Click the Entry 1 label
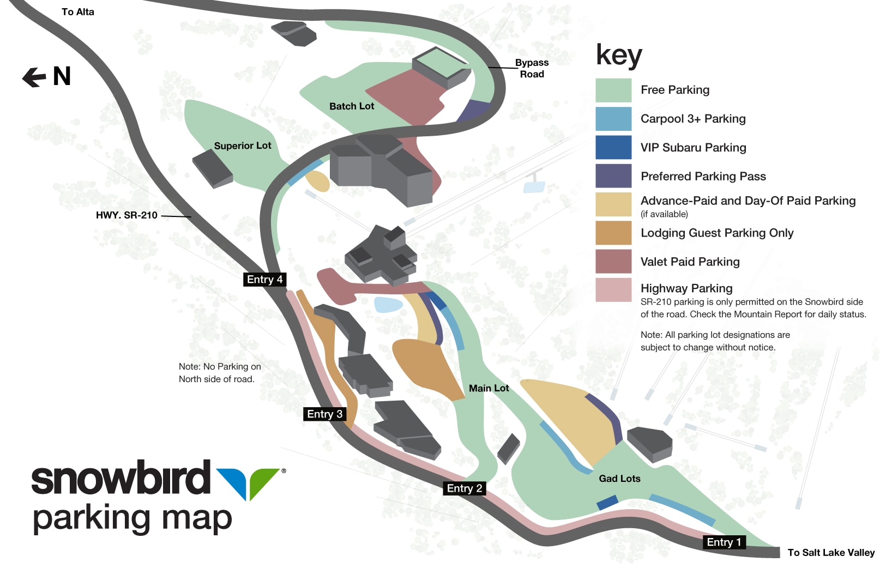724,542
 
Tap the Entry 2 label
464,488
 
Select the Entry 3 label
324,414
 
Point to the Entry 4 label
264,280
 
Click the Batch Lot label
352,106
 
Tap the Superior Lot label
243,146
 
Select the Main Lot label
489,388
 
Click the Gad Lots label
619,479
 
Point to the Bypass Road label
532,69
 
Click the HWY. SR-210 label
126,215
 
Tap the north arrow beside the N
34,77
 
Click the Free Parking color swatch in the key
613,90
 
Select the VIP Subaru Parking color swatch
613,147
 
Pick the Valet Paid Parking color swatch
613,261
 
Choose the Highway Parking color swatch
613,290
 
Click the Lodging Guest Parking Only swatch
613,233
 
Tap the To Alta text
77,12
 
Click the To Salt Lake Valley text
831,553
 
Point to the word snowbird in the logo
120,478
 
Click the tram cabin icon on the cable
534,185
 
